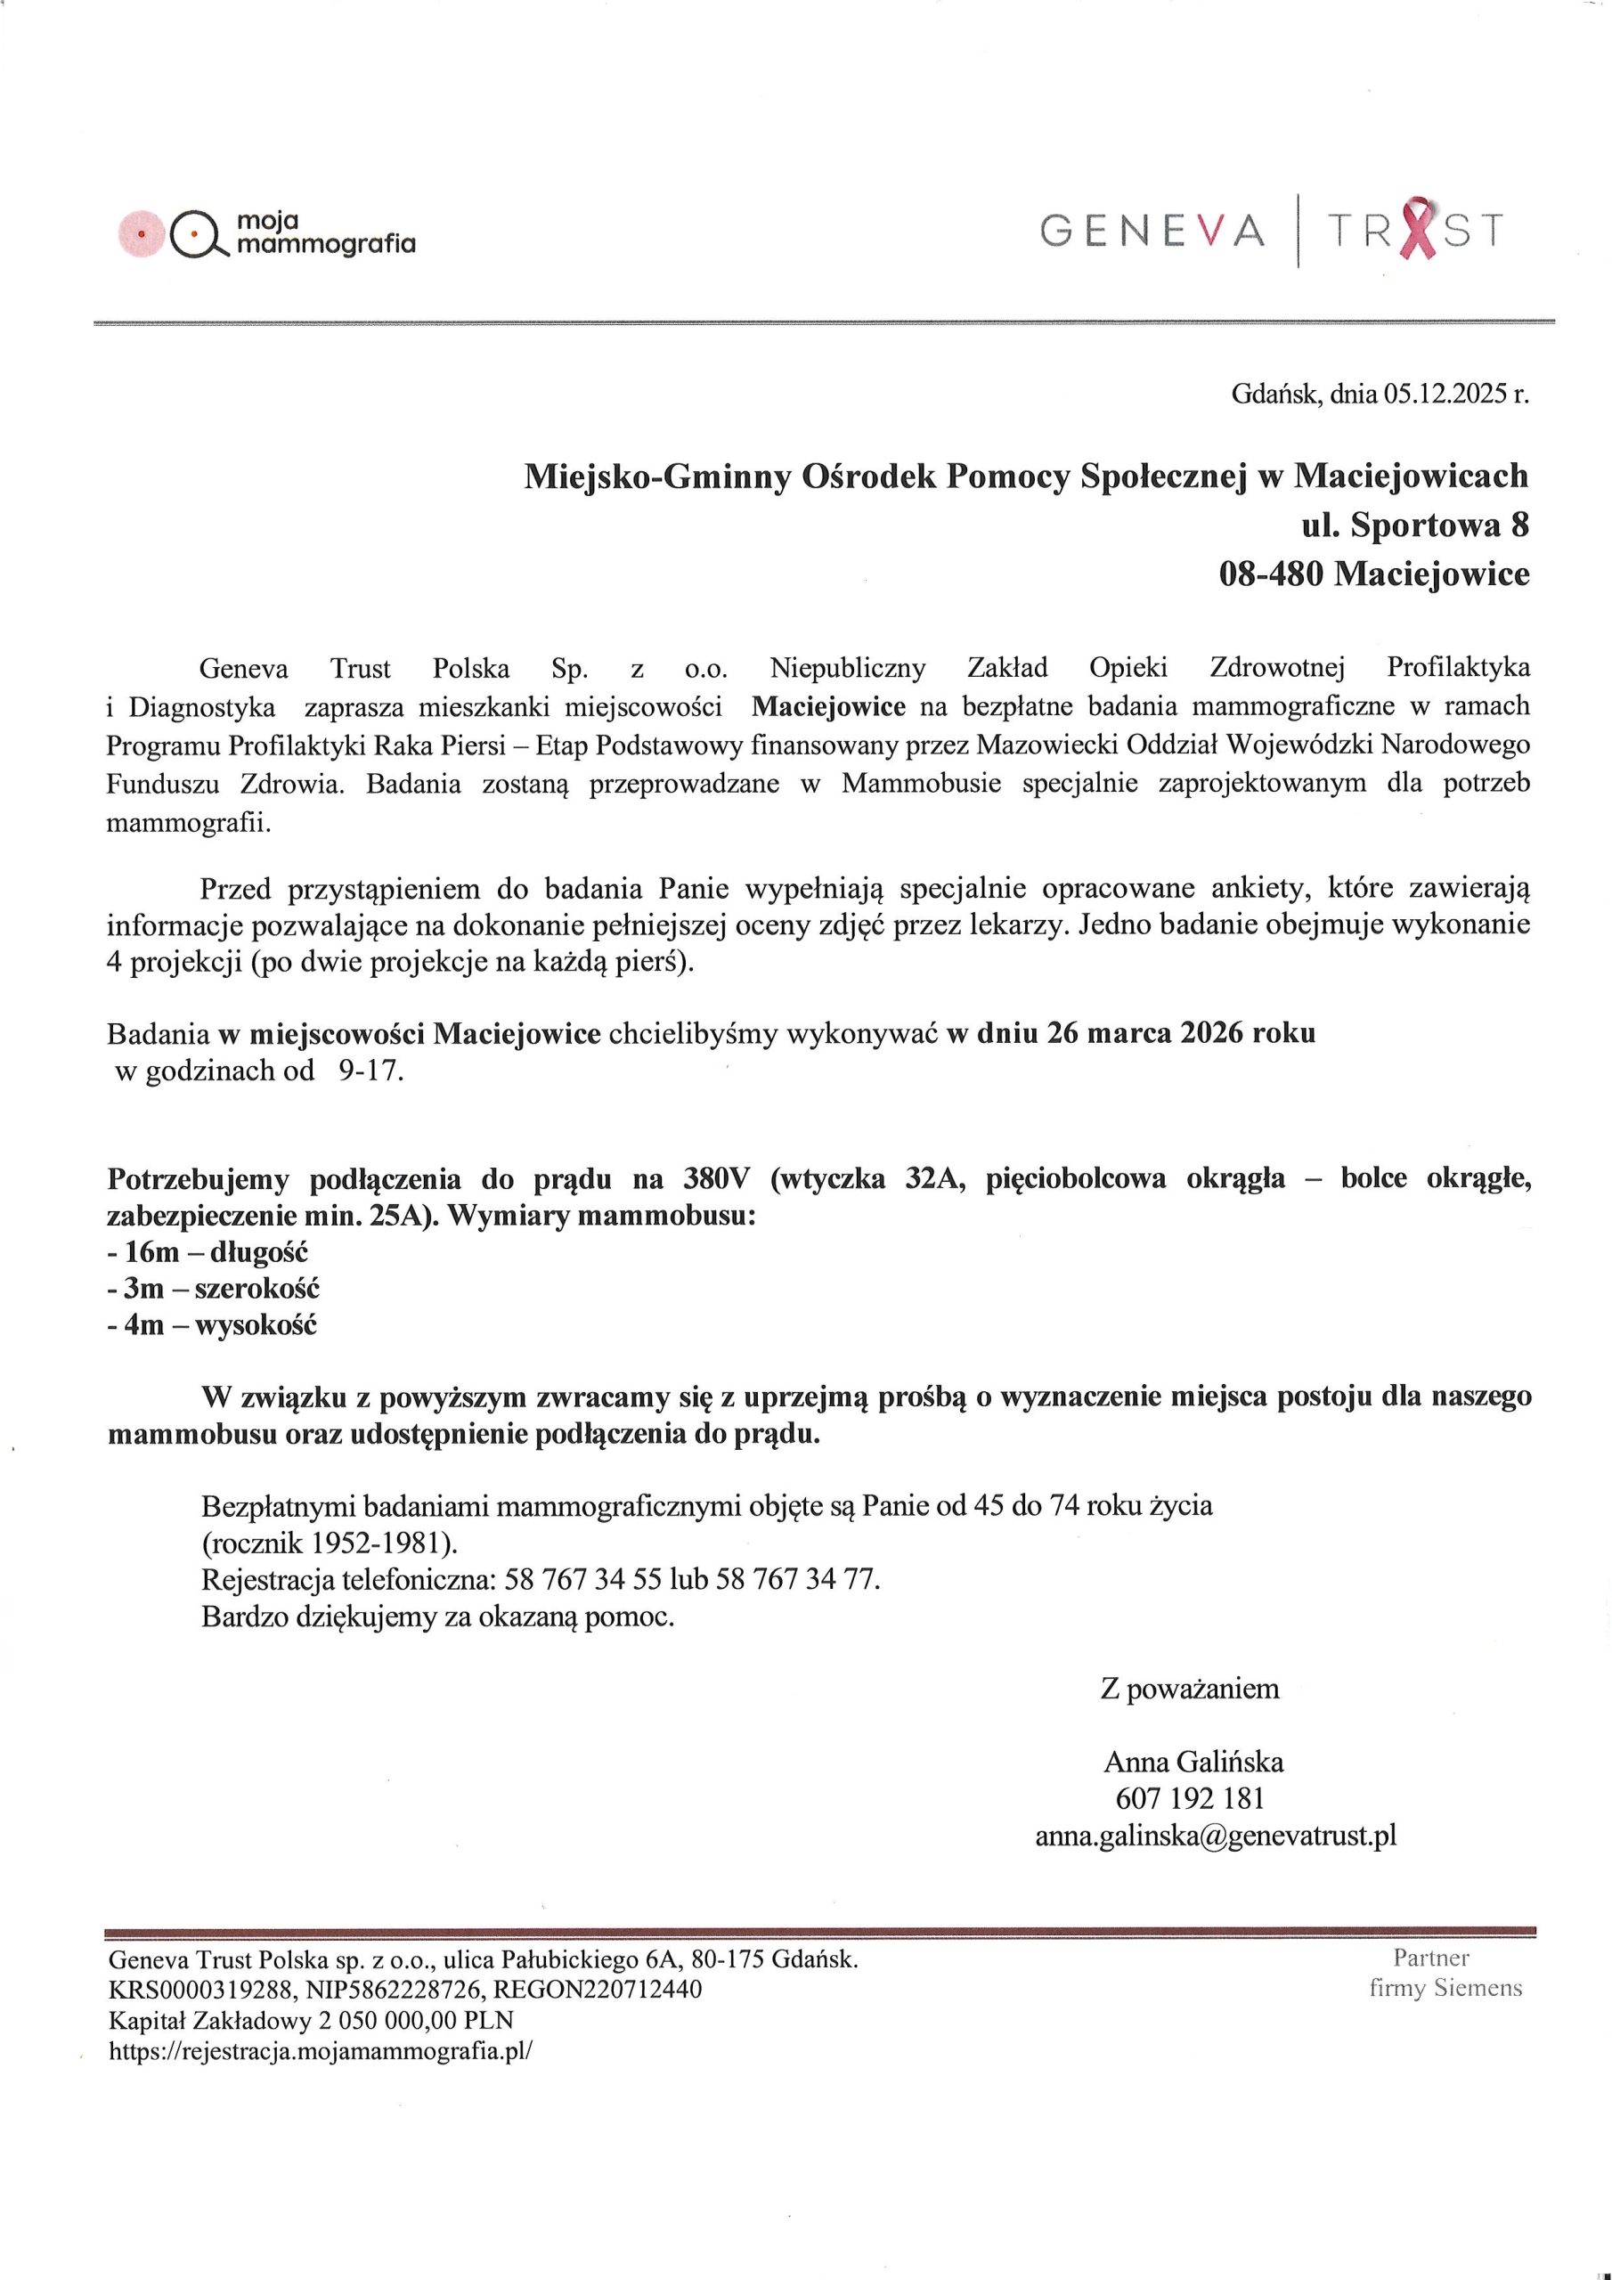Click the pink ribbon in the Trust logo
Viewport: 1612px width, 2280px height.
point(1419,228)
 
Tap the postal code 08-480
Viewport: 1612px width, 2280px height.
point(1271,574)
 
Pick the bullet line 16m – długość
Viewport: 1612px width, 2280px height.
point(208,1252)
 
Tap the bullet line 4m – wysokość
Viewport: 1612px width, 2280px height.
point(212,1324)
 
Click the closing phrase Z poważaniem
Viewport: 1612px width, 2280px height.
point(1189,1690)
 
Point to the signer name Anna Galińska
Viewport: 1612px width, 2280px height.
point(1193,1763)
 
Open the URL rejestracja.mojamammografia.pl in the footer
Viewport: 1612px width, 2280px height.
point(321,2052)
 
